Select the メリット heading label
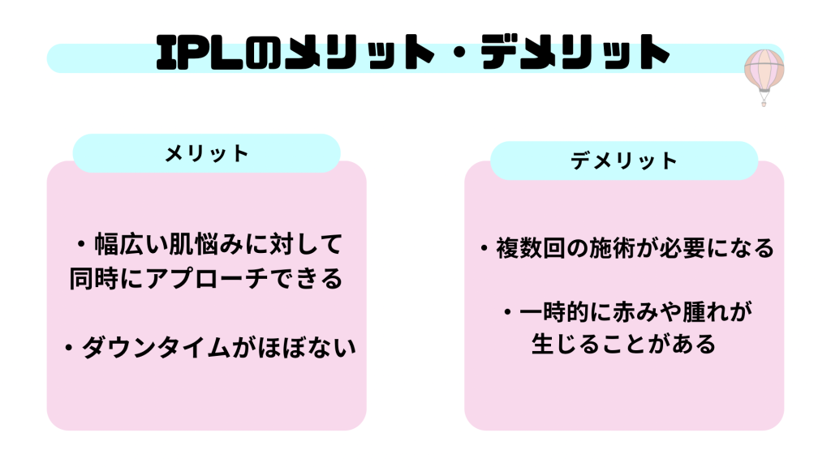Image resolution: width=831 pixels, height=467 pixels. (206, 153)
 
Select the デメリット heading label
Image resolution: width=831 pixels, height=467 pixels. (623, 161)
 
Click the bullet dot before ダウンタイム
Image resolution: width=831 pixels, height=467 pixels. (71, 349)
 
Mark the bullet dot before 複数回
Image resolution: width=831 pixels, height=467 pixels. (484, 248)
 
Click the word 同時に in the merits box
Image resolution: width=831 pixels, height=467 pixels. (108, 279)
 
